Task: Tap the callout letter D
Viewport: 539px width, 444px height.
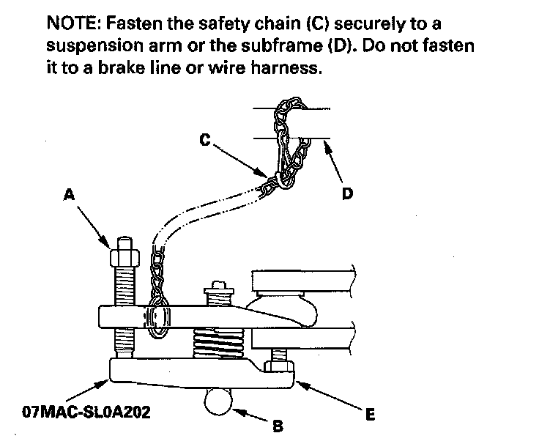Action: pyautogui.click(x=347, y=193)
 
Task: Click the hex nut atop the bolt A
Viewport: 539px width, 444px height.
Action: pyautogui.click(x=122, y=258)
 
